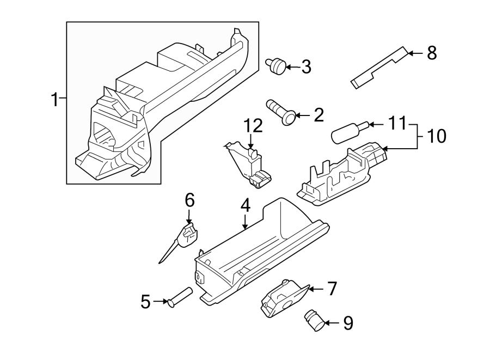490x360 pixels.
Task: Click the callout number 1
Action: pyautogui.click(x=54, y=100)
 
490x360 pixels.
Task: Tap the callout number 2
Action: pyautogui.click(x=318, y=115)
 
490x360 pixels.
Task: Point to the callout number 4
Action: pyautogui.click(x=245, y=205)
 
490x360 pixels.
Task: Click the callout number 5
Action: pyautogui.click(x=145, y=301)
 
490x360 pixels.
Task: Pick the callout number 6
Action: pyautogui.click(x=189, y=200)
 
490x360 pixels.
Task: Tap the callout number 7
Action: pyautogui.click(x=332, y=288)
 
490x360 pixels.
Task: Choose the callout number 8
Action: pyautogui.click(x=431, y=53)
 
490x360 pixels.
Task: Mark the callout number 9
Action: pyautogui.click(x=347, y=323)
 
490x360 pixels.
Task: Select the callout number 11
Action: pyautogui.click(x=397, y=124)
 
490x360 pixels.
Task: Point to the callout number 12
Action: pyautogui.click(x=253, y=126)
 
